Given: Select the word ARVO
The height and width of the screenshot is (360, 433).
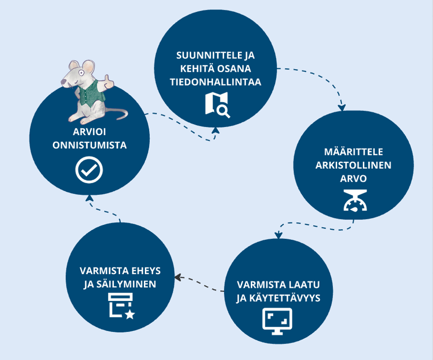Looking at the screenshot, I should click(354, 178).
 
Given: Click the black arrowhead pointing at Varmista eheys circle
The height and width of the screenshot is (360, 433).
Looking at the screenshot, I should click(178, 278).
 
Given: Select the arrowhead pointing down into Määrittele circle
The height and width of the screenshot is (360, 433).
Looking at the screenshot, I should click(342, 107).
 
